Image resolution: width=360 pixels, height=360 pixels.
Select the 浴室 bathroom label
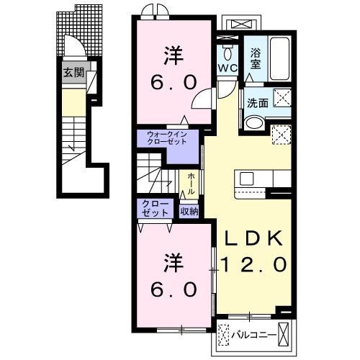pos(256,58)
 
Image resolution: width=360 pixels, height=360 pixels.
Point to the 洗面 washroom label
pos(258,103)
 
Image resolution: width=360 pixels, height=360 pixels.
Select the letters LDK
pos(251,239)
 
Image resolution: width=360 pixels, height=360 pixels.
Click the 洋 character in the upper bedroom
pos(173,54)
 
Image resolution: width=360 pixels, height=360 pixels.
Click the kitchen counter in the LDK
pos(264,180)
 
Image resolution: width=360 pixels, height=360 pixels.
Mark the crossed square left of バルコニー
pos(227,335)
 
